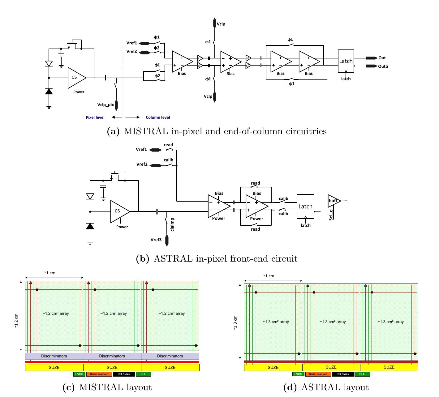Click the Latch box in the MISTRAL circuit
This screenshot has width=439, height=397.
346,61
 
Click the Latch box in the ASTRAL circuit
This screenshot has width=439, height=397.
305,206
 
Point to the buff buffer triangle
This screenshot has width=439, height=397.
334,201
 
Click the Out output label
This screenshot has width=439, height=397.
382,58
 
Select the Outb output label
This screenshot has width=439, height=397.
383,66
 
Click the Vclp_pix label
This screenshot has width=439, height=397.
105,105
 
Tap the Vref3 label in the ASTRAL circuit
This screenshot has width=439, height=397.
156,240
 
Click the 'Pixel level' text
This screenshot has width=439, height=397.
95,117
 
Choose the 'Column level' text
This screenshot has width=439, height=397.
158,117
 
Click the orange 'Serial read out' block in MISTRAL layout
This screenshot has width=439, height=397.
99,374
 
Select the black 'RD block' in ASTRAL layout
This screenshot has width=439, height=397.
343,374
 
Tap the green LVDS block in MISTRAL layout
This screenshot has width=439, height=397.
79,374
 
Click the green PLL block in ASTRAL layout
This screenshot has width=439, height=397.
362,374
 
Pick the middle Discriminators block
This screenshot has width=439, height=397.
112,356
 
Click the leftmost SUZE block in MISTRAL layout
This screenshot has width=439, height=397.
54,367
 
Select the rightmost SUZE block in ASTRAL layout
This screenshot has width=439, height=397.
389,367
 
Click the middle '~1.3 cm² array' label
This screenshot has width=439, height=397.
333,322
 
